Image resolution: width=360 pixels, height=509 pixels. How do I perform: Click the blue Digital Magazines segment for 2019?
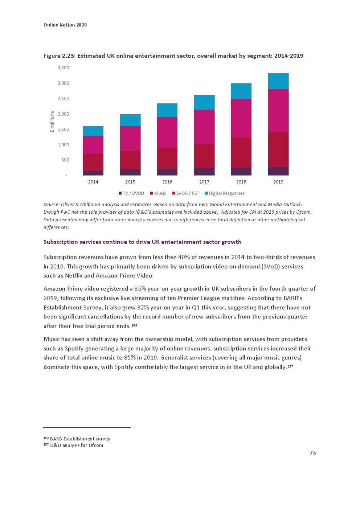278,81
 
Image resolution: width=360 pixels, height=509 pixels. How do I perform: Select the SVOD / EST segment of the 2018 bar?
241,118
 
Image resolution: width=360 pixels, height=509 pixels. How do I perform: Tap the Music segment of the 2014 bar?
93,162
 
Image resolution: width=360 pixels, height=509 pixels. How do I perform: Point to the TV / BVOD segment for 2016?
167,172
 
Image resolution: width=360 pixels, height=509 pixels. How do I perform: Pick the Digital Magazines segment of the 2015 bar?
130,120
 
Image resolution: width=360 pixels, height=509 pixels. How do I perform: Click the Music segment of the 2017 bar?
204,156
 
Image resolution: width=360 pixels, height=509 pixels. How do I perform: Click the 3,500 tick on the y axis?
63,68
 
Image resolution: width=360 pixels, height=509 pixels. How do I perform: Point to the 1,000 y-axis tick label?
63,145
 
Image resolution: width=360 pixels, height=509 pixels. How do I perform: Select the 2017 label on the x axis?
204,182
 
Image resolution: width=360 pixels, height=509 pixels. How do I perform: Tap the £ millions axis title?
52,122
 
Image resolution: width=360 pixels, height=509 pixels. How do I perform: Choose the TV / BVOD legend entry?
131,193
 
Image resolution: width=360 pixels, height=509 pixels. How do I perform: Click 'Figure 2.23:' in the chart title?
60,56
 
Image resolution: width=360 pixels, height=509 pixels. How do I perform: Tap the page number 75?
313,453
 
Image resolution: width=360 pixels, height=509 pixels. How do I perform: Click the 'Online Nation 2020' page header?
65,25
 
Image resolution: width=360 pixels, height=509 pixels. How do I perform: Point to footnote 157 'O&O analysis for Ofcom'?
76,446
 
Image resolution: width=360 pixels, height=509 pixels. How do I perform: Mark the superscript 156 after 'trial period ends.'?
134,325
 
